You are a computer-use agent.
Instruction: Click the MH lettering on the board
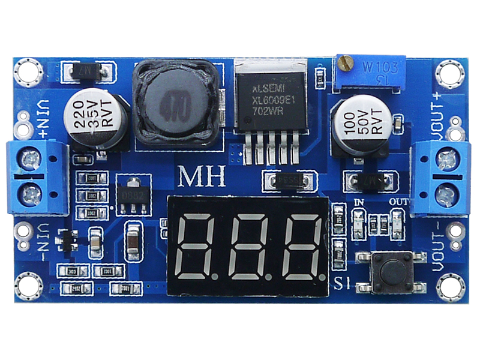pyautogui.click(x=202, y=177)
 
